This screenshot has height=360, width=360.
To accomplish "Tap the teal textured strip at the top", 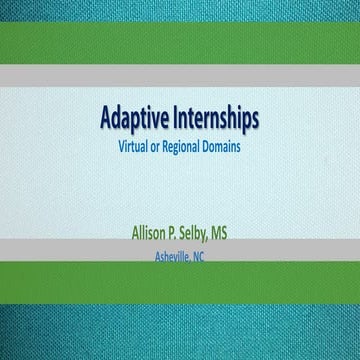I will click(x=180, y=12).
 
